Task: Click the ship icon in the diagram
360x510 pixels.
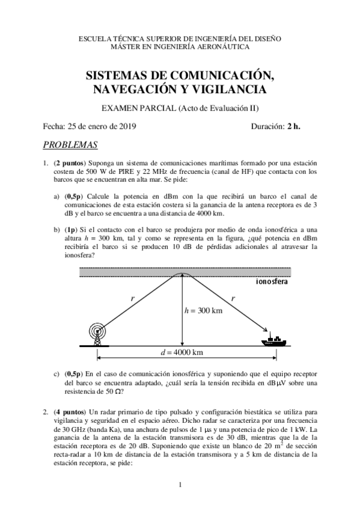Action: tap(275, 340)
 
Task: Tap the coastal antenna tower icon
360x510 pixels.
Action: tap(96, 334)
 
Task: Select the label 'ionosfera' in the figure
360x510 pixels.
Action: tap(273, 281)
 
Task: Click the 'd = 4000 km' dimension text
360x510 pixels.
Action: tap(179, 352)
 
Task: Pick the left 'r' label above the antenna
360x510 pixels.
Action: tap(132, 298)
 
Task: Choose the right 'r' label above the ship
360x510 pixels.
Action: tap(233, 298)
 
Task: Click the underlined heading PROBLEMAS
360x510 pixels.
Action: tap(70, 145)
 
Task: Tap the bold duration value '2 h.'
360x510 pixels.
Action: tap(293, 126)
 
